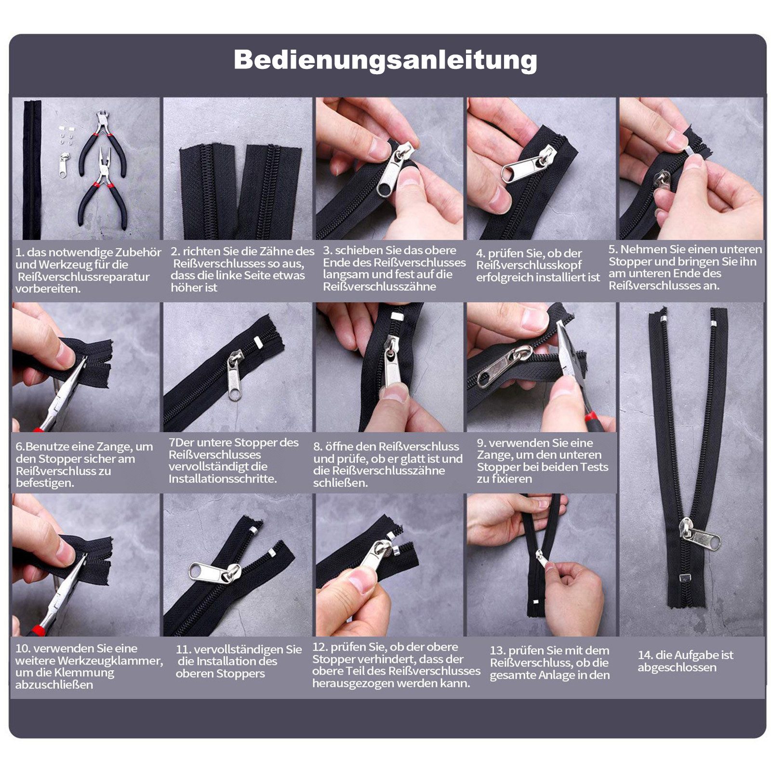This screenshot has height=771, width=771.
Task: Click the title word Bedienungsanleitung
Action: [385, 60]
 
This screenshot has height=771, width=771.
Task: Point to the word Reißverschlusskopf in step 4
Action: [529, 266]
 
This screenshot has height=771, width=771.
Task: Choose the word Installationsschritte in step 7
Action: [222, 479]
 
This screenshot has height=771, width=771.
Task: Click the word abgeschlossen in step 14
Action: [677, 668]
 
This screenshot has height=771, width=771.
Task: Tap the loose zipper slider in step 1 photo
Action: [64, 165]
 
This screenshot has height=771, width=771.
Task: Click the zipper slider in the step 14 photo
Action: [699, 533]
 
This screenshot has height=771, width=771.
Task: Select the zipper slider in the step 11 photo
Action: [215, 573]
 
